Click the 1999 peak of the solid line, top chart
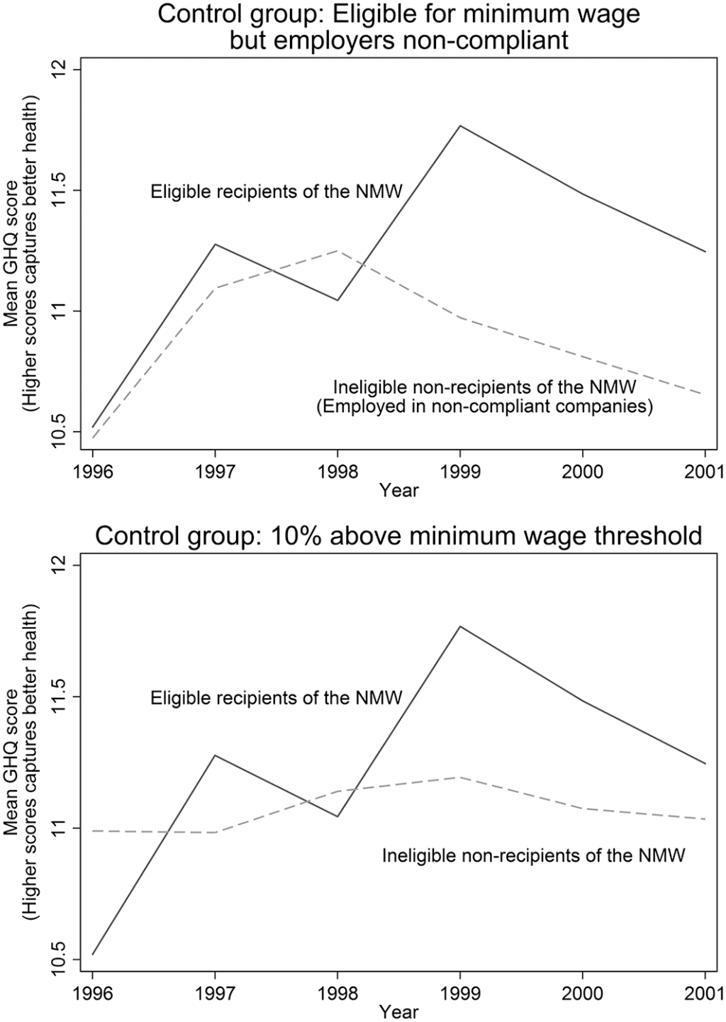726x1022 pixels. [x=460, y=126]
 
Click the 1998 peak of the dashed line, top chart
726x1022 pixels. [x=337, y=250]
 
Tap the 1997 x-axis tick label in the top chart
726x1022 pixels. [x=214, y=472]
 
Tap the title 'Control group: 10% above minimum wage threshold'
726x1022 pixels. [x=398, y=535]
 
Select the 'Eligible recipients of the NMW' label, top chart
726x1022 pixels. [x=277, y=191]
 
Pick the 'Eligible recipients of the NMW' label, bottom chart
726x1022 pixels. [x=277, y=698]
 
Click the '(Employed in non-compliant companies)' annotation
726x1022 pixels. [x=484, y=407]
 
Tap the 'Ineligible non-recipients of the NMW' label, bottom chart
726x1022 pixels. [x=533, y=855]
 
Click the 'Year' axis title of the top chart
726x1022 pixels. [x=398, y=489]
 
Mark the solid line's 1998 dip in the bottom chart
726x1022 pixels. [x=337, y=816]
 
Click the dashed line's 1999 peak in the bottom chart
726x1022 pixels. [x=460, y=777]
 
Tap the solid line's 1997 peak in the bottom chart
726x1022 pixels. [x=214, y=755]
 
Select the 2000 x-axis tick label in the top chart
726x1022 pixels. [x=583, y=472]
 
